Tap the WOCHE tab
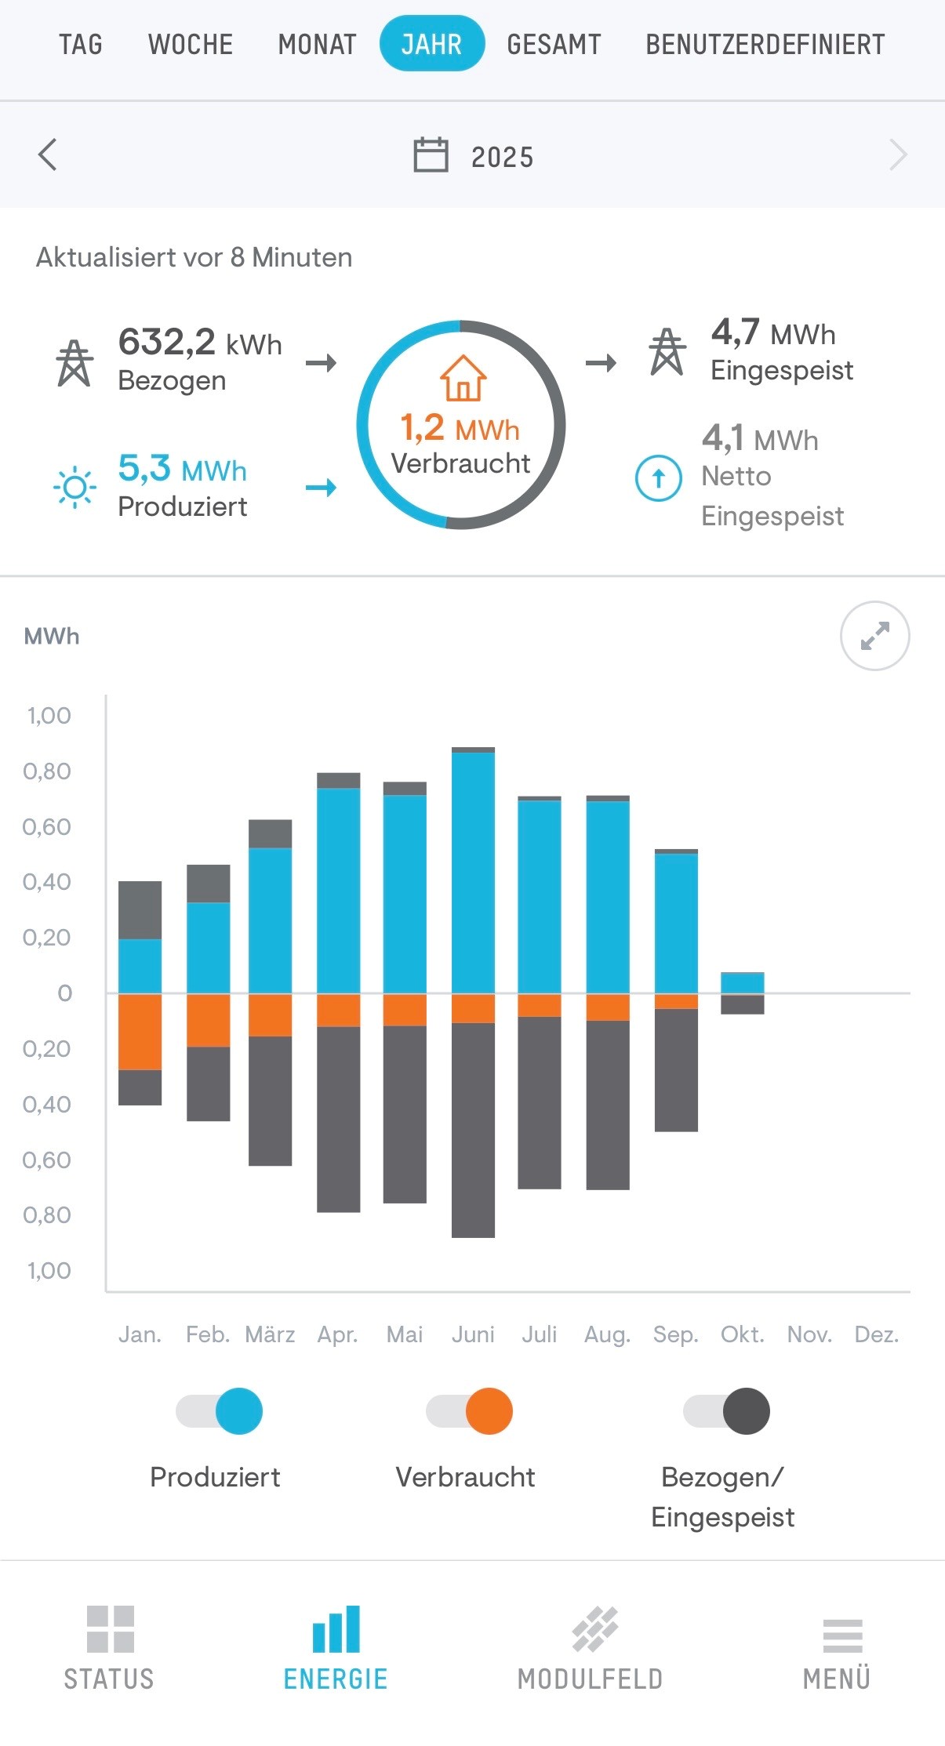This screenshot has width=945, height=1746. pyautogui.click(x=191, y=45)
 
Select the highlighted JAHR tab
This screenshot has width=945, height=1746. pyautogui.click(x=431, y=44)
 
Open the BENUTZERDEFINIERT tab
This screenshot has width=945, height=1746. pyautogui.click(x=765, y=45)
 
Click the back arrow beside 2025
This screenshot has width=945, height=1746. pyautogui.click(x=48, y=154)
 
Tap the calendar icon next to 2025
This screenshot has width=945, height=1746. pyautogui.click(x=431, y=155)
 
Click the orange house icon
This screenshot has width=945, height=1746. pyautogui.click(x=463, y=378)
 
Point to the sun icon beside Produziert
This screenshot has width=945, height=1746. pyautogui.click(x=75, y=487)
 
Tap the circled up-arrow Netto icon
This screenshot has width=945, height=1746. pyautogui.click(x=658, y=477)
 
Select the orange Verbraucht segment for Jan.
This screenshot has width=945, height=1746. pyautogui.click(x=140, y=1031)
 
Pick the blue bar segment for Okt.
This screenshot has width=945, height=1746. pyautogui.click(x=742, y=982)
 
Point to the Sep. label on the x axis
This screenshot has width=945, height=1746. pyautogui.click(x=675, y=1334)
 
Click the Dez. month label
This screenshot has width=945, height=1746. pyautogui.click(x=876, y=1334)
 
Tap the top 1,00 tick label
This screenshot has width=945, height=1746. pyautogui.click(x=49, y=716)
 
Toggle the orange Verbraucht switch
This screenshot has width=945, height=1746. pyautogui.click(x=470, y=1411)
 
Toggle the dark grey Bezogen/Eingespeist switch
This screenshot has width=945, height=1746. pyautogui.click(x=727, y=1411)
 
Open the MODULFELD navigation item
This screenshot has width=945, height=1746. pyautogui.click(x=591, y=1647)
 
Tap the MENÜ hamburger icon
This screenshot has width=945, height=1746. pyautogui.click(x=842, y=1635)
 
